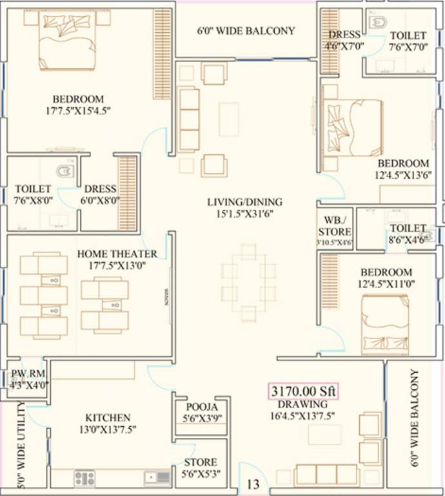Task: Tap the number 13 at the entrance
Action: coord(253,483)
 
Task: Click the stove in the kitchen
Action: coord(84,478)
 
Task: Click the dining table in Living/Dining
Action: coord(248,282)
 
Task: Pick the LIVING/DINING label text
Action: coord(244,202)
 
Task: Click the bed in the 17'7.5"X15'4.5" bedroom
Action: coord(67,39)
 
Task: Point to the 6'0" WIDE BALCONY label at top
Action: coord(246,31)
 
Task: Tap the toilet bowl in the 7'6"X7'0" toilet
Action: coord(377,23)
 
